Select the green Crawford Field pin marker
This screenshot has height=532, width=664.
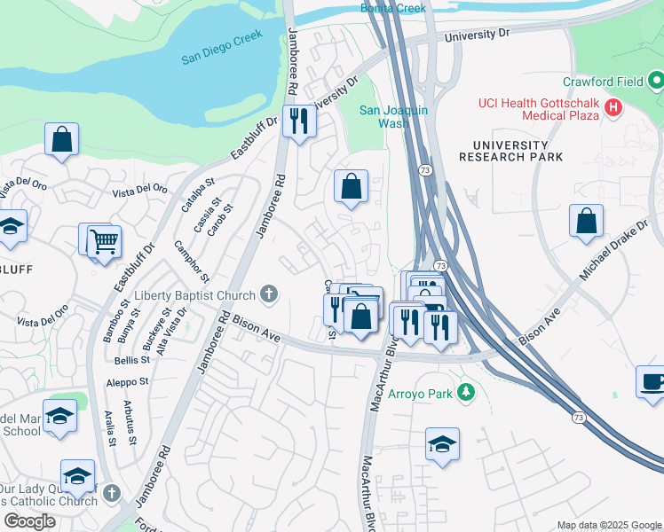point(656,82)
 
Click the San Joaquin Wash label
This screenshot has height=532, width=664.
point(393,116)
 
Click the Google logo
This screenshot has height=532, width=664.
point(29,521)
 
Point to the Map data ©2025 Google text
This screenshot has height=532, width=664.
point(608,525)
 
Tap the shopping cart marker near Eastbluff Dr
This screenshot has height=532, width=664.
point(105,240)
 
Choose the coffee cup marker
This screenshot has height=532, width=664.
point(652,382)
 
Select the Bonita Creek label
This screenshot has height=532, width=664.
point(393,8)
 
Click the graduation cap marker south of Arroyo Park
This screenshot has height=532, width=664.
point(442,444)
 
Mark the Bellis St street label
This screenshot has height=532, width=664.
point(131,361)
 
